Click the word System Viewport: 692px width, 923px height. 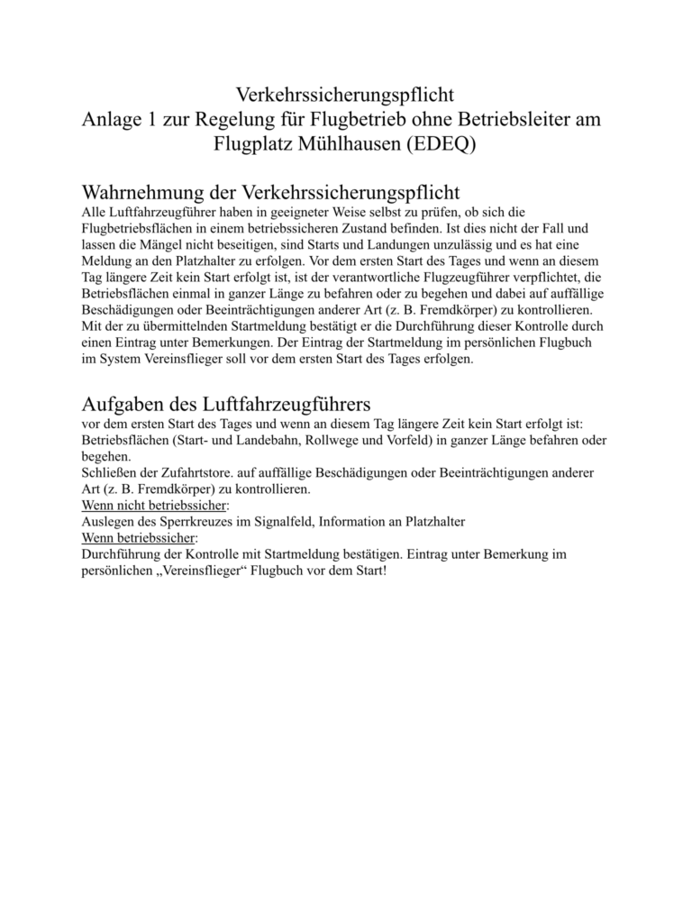119,358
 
